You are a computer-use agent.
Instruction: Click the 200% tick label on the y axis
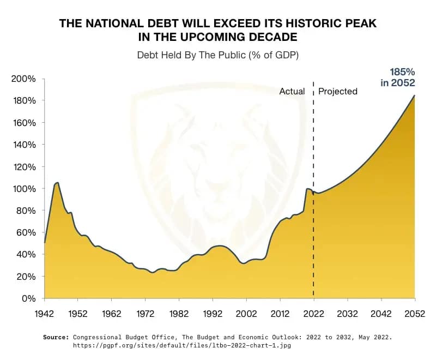(24, 79)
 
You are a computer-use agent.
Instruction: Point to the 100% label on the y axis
(24, 188)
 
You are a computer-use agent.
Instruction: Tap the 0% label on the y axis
(29, 298)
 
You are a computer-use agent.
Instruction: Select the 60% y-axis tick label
(26, 232)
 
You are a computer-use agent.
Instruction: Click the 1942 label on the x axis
(44, 314)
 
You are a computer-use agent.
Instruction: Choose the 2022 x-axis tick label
(313, 314)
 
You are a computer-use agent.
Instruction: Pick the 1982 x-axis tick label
(179, 314)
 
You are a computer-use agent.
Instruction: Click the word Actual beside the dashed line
(292, 91)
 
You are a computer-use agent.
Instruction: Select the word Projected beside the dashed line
(338, 91)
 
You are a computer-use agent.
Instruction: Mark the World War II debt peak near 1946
(57, 183)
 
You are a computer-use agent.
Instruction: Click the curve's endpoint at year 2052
(415, 96)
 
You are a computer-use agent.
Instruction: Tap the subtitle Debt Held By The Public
(218, 55)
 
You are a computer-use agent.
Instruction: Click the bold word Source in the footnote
(56, 338)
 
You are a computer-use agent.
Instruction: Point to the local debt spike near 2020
(308, 189)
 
